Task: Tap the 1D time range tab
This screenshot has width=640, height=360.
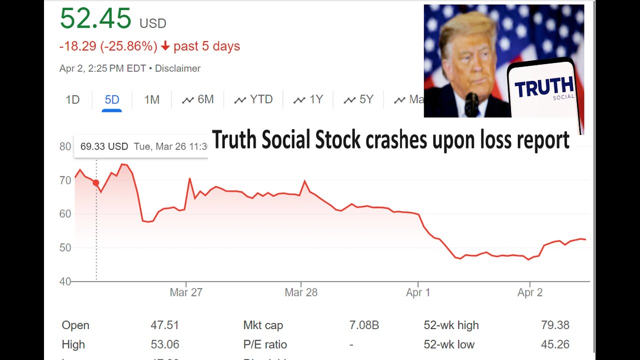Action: (x=72, y=99)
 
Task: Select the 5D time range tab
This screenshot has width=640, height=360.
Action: (x=112, y=99)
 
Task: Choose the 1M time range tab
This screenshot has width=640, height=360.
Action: (x=151, y=99)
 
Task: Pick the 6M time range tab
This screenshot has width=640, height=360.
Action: (x=198, y=99)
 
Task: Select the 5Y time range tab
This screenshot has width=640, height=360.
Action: (x=358, y=99)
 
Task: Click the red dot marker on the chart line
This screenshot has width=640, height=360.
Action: (x=96, y=183)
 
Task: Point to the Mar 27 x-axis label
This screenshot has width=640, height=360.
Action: (x=185, y=292)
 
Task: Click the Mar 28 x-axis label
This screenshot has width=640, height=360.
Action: (x=300, y=292)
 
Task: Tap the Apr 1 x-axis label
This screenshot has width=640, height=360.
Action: (x=418, y=292)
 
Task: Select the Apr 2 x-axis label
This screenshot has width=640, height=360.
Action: (x=529, y=292)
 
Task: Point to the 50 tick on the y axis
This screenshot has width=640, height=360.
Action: (x=65, y=248)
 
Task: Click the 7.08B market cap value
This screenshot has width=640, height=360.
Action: (x=364, y=325)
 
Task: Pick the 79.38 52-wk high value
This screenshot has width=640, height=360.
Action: (x=555, y=325)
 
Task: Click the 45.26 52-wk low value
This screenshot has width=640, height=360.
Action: (x=555, y=344)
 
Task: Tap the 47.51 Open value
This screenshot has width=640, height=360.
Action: (x=164, y=325)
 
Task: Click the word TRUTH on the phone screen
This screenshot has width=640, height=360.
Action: (x=544, y=87)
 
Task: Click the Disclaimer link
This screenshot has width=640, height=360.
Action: (x=177, y=68)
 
